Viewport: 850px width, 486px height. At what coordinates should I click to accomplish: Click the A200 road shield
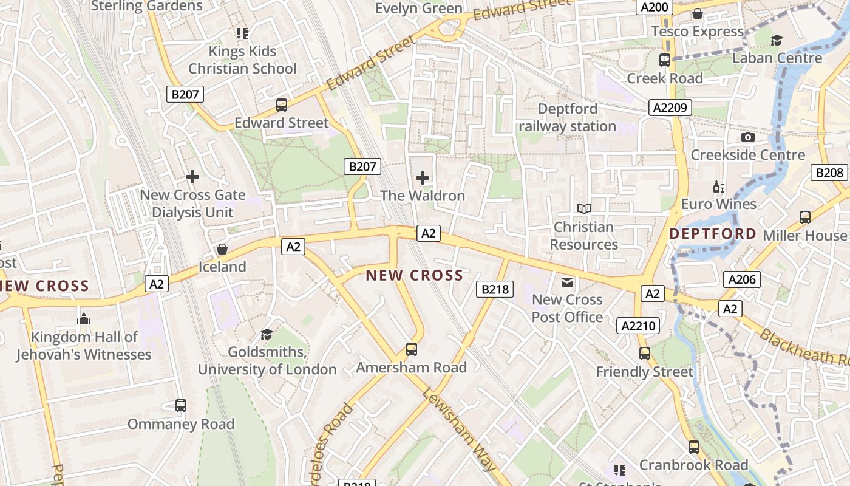(x=654, y=7)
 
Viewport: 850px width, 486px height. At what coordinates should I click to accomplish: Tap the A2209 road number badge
(x=670, y=108)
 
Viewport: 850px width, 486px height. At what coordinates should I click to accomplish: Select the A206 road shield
(x=741, y=279)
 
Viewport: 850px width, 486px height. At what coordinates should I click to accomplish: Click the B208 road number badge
(x=829, y=173)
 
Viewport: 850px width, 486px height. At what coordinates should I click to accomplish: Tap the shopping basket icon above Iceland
(x=222, y=249)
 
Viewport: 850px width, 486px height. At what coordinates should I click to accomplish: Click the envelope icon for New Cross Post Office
(x=567, y=282)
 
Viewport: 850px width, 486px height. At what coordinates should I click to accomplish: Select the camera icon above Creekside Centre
(x=748, y=137)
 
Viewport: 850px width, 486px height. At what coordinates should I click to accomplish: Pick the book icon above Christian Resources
(x=583, y=209)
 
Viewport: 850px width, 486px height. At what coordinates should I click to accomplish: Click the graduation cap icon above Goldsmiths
(x=267, y=334)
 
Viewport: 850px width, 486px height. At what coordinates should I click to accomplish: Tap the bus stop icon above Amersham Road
(x=412, y=349)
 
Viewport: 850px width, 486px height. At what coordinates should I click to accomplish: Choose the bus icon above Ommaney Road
(x=181, y=405)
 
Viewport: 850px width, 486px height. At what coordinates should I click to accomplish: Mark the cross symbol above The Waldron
(x=423, y=178)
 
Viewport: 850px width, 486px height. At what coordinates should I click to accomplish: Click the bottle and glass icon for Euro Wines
(x=719, y=187)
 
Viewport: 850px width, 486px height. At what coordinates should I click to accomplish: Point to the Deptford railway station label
(x=568, y=118)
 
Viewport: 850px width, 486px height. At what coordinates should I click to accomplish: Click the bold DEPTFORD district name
(x=713, y=234)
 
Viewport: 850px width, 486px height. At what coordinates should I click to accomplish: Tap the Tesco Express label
(x=697, y=32)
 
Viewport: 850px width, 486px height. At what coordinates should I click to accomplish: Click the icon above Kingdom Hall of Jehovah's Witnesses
(x=84, y=319)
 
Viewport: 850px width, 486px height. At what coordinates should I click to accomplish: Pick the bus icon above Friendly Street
(x=645, y=354)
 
